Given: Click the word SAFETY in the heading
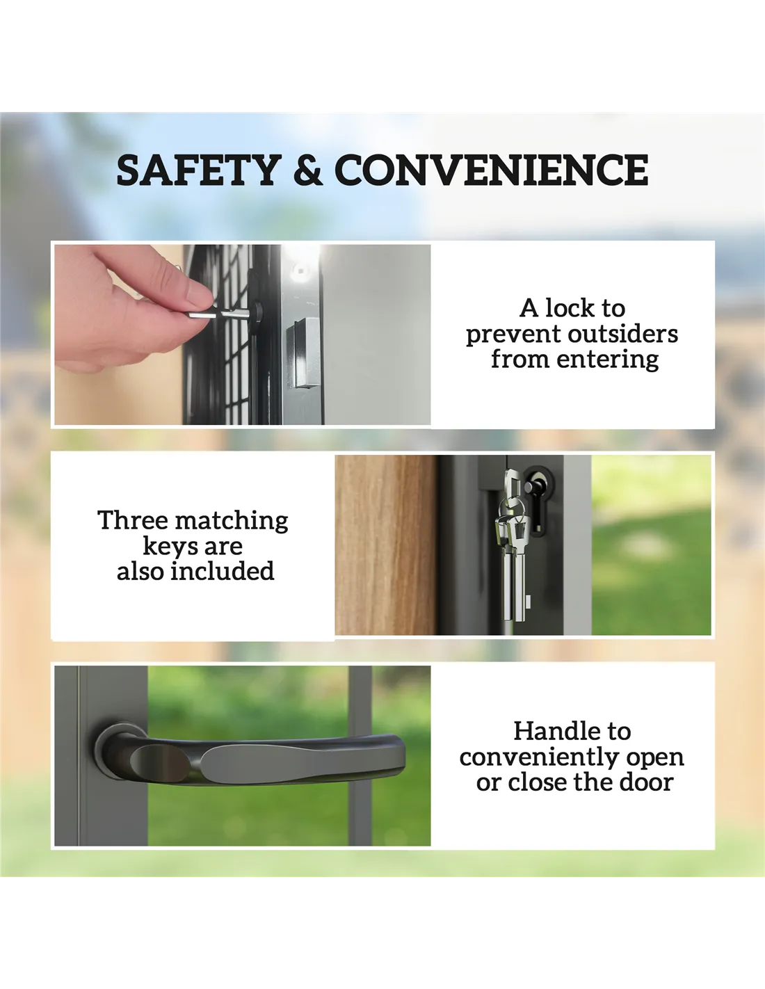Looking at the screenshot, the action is (199, 170).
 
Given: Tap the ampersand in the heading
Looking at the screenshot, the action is (309, 170).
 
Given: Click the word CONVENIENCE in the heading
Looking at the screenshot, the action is (492, 170).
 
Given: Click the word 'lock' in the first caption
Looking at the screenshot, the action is (570, 308).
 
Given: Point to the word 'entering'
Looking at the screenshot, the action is (608, 360).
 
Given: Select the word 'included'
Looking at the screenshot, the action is (223, 571).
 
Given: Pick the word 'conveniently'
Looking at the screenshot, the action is (538, 758).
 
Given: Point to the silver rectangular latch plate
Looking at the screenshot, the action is (303, 353).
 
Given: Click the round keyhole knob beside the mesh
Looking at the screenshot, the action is (257, 312).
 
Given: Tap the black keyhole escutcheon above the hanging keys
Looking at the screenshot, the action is (539, 501).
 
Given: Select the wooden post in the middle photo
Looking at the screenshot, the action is (387, 545).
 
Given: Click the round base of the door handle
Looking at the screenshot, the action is (119, 751).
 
